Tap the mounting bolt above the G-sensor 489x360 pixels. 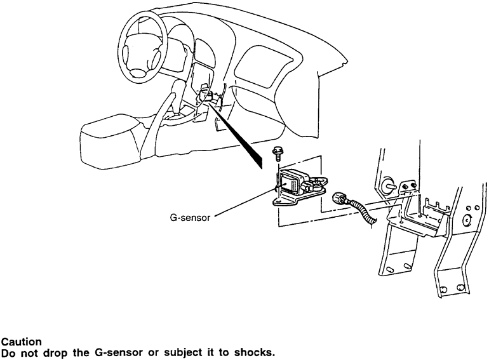[x=278, y=153]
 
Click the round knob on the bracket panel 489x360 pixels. [x=387, y=186]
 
